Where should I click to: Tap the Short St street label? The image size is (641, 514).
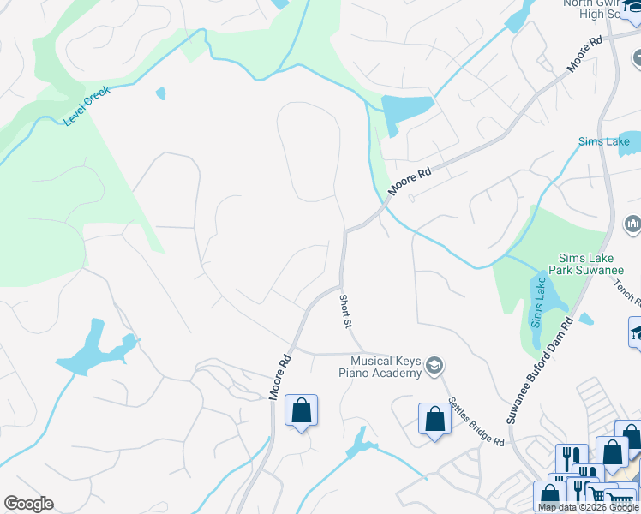point(345,310)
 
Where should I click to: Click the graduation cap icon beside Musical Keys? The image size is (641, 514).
point(434,366)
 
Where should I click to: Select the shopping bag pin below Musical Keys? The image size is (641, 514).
point(434,419)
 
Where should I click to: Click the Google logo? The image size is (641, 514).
point(28,504)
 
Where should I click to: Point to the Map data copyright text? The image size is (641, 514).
point(588,508)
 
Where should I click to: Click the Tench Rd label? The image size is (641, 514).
point(626,290)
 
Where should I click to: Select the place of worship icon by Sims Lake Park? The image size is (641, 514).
point(632,224)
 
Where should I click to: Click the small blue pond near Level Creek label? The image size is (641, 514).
point(160,93)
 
